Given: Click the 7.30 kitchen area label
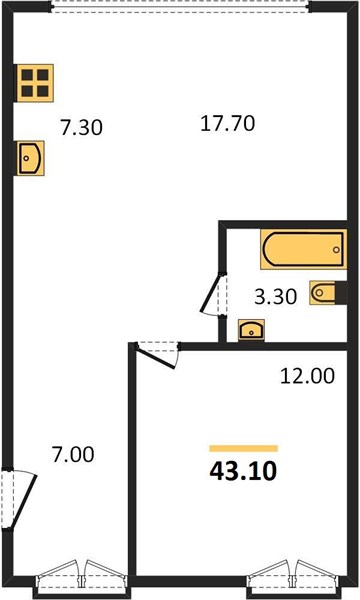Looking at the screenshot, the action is [81, 127].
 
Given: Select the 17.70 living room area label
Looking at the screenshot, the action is [228, 124].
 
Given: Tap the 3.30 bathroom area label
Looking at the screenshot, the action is [276, 297].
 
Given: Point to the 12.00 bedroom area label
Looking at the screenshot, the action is [307, 376].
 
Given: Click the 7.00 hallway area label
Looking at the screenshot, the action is [73, 455].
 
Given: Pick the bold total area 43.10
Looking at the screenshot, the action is [243, 471].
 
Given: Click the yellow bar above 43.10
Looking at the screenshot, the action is [243, 448].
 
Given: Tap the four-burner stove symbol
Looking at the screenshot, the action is [34, 83].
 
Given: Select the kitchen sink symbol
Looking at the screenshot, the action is [30, 158].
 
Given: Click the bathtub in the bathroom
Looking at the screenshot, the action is [304, 249].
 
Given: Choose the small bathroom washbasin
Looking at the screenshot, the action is [251, 330].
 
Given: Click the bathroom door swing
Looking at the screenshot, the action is [211, 294].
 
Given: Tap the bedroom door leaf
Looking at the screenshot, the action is [156, 357].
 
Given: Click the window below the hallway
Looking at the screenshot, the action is [81, 579].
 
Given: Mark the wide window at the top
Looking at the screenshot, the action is [180, 7].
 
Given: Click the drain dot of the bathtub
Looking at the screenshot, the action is [336, 250].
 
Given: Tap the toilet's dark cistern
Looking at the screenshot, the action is [341, 293].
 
